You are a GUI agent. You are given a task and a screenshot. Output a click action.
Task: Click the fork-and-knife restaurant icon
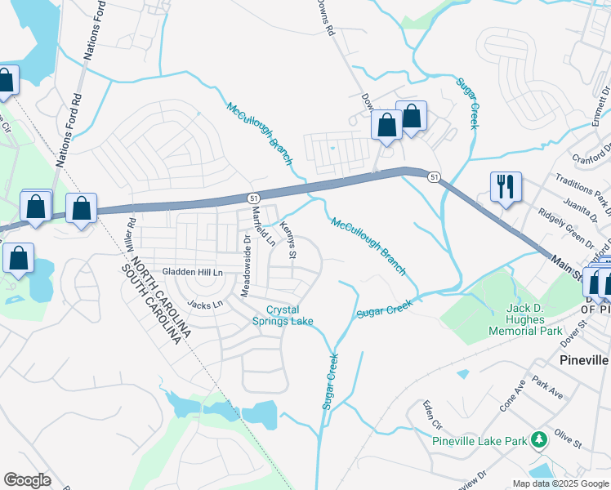tap(506, 187)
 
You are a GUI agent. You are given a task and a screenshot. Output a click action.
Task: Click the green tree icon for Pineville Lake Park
tap(538, 441)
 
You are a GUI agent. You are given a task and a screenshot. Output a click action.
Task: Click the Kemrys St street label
tap(286, 239)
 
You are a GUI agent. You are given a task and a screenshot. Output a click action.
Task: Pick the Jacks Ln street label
tap(204, 305)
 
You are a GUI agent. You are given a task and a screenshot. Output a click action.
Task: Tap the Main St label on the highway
tap(569, 269)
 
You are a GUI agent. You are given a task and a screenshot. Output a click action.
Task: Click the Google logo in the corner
tap(27, 480)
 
